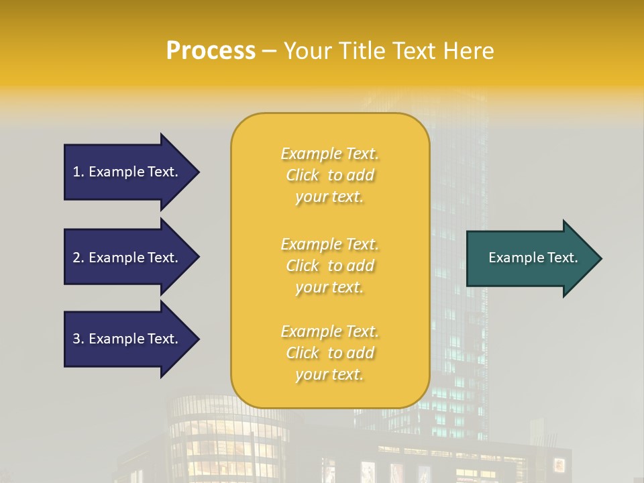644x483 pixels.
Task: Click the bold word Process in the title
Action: (211, 51)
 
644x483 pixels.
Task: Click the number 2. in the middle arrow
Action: (78, 258)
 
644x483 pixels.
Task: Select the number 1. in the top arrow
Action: (78, 172)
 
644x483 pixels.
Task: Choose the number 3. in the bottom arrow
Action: (78, 339)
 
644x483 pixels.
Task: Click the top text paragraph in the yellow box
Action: (329, 175)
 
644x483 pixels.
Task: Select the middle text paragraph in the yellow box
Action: (329, 266)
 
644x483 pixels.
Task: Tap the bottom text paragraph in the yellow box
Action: (329, 353)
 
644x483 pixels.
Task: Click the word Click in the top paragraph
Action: (303, 175)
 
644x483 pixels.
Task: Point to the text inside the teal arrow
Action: (533, 258)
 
